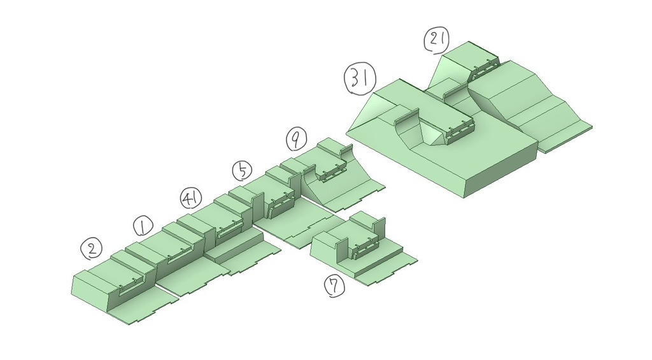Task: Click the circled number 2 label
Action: pos(92,248)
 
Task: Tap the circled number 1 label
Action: pos(143,226)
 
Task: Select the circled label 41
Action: pos(191,198)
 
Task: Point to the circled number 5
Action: pos(242,171)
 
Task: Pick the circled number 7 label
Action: pos(335,287)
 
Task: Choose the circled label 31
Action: pos(360,79)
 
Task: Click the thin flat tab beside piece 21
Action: pos(565,138)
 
